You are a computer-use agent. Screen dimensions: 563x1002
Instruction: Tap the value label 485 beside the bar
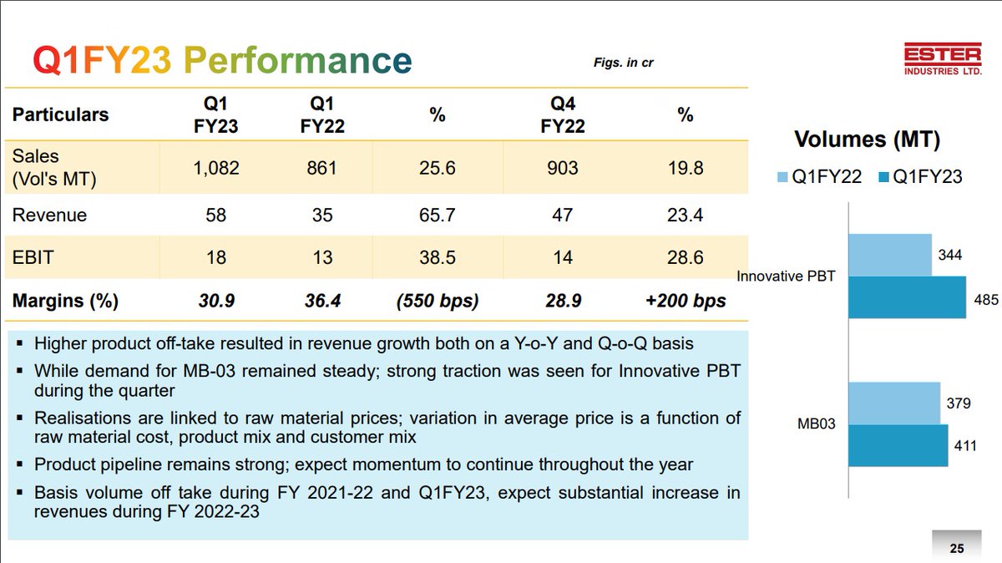(x=985, y=299)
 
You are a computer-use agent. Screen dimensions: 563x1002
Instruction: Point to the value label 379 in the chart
(x=959, y=403)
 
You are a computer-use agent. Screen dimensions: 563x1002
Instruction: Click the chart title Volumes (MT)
(x=867, y=139)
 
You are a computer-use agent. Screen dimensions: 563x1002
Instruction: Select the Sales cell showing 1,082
(x=215, y=168)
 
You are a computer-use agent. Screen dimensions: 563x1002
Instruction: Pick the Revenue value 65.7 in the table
(x=438, y=215)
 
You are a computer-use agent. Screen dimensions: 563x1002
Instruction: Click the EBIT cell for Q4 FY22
(x=563, y=257)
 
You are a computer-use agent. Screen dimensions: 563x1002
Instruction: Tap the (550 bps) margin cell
(x=438, y=301)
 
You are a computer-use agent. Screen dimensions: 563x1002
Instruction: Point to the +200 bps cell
(x=686, y=301)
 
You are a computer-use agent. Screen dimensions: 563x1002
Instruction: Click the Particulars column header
(x=60, y=114)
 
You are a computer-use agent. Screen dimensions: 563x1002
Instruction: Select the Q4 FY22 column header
(x=563, y=115)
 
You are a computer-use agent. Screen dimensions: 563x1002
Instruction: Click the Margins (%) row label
(x=65, y=301)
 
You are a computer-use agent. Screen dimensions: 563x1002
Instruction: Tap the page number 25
(x=957, y=549)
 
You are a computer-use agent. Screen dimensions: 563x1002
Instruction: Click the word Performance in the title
(x=297, y=61)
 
